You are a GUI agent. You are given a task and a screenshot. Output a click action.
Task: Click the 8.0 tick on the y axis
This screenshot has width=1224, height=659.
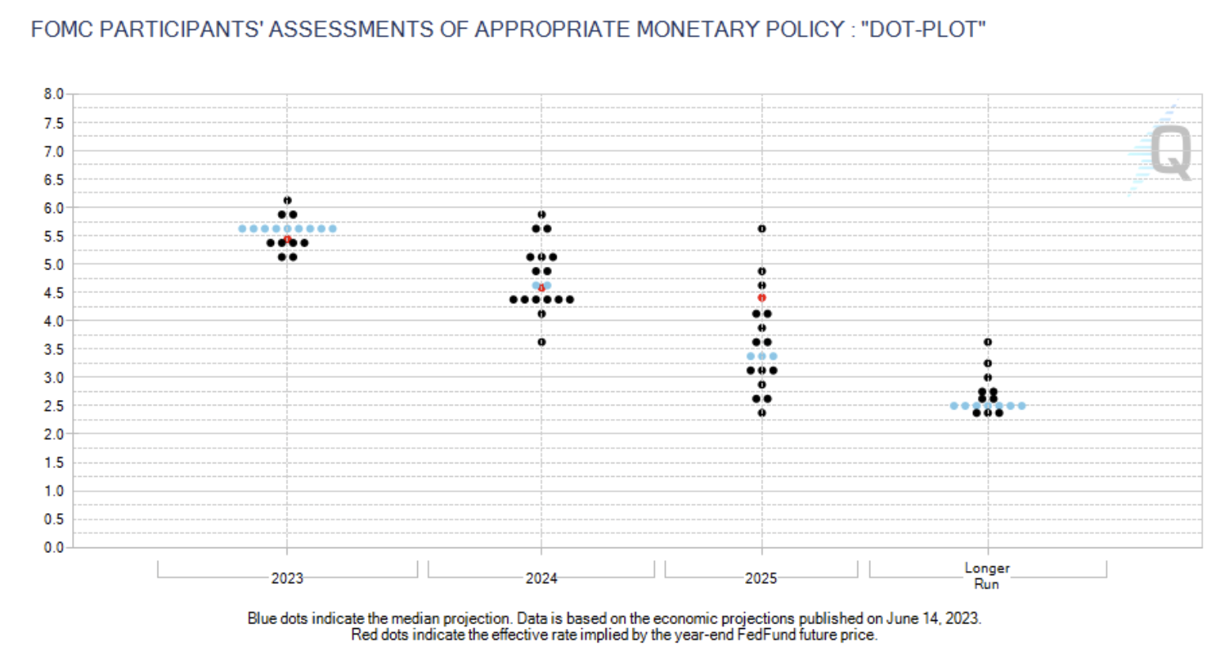point(53,94)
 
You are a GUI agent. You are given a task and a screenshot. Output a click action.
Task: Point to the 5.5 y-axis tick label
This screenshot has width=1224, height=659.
point(53,236)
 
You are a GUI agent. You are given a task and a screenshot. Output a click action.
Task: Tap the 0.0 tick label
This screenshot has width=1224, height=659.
point(53,547)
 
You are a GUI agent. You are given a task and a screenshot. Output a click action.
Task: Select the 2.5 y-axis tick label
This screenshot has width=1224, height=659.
point(53,406)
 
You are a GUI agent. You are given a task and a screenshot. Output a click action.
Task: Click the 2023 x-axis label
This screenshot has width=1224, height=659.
point(287,578)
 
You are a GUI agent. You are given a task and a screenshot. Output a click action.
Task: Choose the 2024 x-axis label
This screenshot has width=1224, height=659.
point(542,578)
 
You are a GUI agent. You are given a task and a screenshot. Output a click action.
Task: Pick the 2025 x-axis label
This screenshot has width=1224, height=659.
point(761,578)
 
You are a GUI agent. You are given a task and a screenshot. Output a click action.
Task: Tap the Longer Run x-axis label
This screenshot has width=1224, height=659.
point(986,576)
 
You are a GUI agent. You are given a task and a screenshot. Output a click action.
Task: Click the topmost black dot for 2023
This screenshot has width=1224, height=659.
point(287,200)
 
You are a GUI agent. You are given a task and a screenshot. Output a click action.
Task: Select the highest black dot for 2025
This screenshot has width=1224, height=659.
point(762,229)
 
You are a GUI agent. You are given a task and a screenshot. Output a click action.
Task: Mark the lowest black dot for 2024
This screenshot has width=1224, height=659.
point(542,342)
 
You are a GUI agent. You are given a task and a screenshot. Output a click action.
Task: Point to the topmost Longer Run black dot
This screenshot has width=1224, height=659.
point(988,342)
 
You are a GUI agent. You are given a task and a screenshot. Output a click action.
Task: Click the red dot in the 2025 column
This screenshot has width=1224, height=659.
point(762,298)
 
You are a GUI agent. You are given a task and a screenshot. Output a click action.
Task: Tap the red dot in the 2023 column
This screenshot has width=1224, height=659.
point(287,239)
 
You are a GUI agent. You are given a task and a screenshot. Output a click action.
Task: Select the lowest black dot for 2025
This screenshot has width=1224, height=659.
point(762,413)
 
